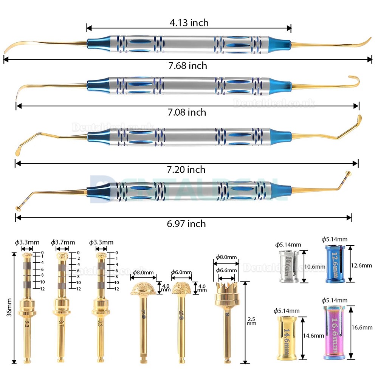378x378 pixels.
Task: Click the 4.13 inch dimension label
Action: pos(189,23)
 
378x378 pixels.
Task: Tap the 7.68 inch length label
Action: pos(188,66)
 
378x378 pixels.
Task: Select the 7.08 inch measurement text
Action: pos(187,112)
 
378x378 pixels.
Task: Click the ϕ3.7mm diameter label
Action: pos(63,242)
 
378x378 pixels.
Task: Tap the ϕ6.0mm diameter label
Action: pos(181,273)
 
